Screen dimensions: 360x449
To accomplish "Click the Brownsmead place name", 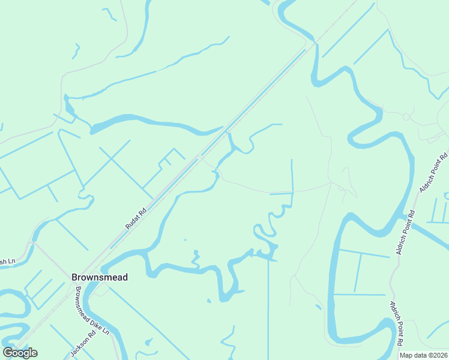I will (100, 277).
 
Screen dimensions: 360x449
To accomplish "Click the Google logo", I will (20, 353).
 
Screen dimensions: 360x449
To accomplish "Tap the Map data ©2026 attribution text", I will (423, 355).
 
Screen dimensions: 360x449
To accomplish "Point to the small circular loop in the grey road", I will (406, 116).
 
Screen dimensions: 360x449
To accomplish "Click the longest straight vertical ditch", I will (268, 300).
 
